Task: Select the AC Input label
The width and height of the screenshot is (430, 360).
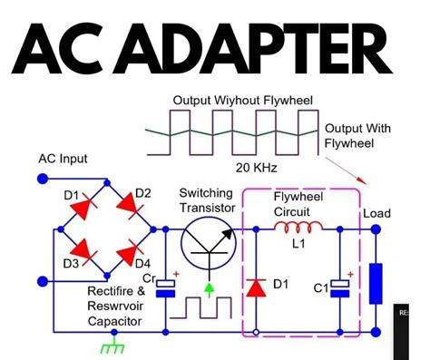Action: pos(63,159)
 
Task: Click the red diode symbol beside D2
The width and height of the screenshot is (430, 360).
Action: pos(119,211)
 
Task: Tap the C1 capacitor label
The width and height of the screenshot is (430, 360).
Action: pos(318,290)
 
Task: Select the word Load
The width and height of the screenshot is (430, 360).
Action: pos(376,214)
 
